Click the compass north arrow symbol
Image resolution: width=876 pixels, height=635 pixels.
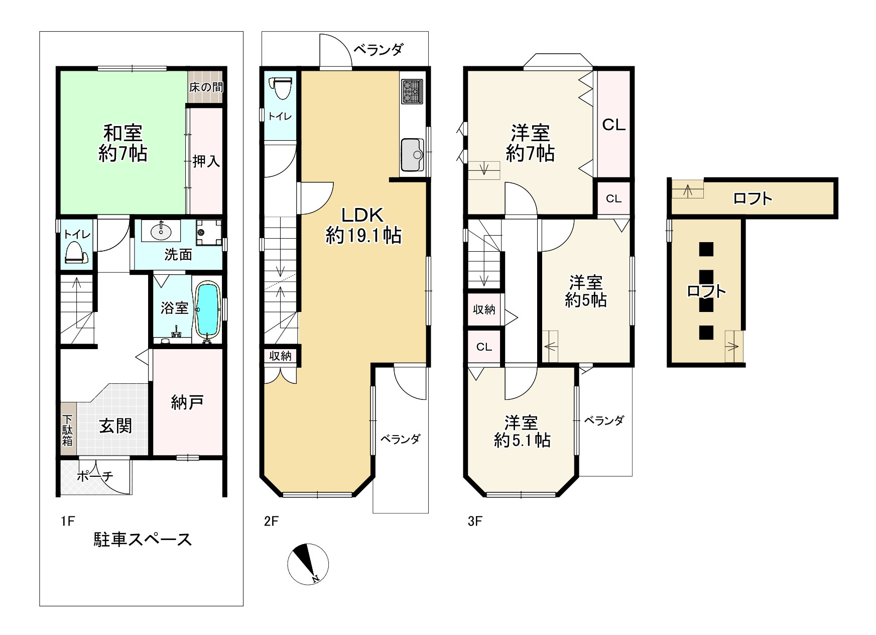coord(308,564)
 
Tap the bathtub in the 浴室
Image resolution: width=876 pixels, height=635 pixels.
coord(207,310)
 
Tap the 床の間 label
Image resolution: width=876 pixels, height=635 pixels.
coord(206,87)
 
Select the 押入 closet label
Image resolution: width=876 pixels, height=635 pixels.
coord(206,162)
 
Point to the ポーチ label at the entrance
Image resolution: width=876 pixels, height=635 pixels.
coord(95,476)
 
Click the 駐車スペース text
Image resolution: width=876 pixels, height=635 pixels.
coord(143,540)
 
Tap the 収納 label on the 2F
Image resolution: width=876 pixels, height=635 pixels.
coord(280,356)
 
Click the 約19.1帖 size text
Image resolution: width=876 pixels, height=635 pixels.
coord(363,235)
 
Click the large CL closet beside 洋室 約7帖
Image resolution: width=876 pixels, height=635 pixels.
coord(613,125)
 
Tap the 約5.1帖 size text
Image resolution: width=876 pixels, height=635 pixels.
coord(522,441)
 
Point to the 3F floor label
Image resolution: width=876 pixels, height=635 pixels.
coord(474,521)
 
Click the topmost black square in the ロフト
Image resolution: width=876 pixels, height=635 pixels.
coord(706,249)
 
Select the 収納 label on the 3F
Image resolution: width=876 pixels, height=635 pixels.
coord(484,309)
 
